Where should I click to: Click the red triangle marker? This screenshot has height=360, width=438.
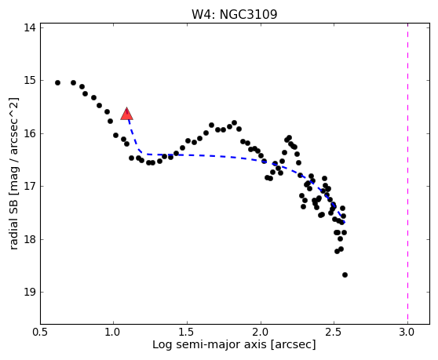coord(126,114)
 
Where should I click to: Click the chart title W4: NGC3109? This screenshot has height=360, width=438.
coord(235,14)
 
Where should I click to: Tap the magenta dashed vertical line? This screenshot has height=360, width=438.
coord(407,173)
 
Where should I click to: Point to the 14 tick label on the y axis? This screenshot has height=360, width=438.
coord(30,27)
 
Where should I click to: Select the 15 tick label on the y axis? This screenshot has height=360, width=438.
coord(30,80)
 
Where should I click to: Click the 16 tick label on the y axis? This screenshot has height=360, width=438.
coord(30,133)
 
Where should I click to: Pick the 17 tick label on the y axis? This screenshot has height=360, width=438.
coord(30,186)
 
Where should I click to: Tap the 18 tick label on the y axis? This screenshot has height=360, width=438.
coord(30,239)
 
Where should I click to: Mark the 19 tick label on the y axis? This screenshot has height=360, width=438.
coord(30,293)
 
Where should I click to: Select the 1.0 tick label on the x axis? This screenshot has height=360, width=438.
coord(113,333)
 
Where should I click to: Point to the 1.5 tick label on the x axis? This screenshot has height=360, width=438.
coord(187,333)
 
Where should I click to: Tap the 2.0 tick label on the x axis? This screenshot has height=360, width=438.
coord(261,333)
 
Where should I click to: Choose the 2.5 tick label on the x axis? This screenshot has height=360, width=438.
coord(334,333)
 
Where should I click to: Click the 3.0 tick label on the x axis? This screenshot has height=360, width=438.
coord(407,333)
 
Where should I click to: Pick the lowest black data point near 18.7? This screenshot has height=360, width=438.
coord(345,275)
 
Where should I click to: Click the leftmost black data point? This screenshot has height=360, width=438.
coord(57,82)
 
